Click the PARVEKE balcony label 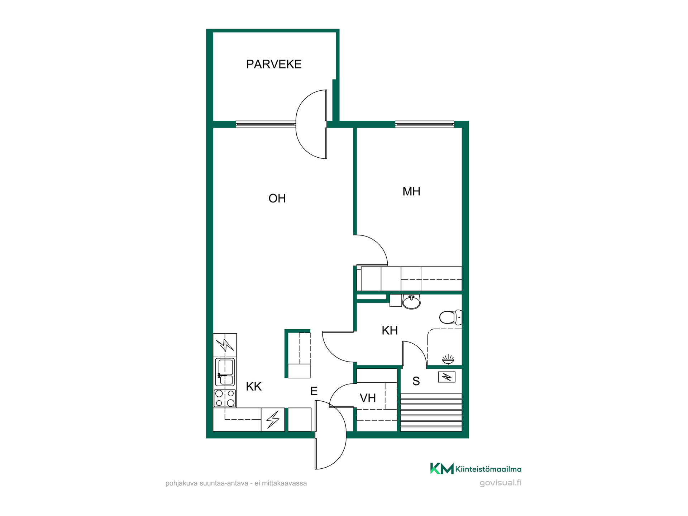[x=274, y=64]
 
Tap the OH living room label [x=277, y=199]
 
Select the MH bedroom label [x=411, y=191]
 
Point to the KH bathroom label [x=390, y=330]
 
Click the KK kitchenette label [x=254, y=387]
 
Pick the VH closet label [x=368, y=398]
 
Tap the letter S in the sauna [x=416, y=381]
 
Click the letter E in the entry [x=314, y=391]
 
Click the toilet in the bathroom [x=451, y=317]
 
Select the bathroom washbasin [x=411, y=302]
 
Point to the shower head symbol [x=448, y=359]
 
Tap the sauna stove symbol [x=447, y=377]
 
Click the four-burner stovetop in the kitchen [x=225, y=398]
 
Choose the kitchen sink [x=225, y=372]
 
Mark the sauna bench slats [x=431, y=412]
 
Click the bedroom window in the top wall [x=425, y=124]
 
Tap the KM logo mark [x=442, y=468]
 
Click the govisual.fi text [x=501, y=483]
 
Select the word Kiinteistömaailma [x=488, y=469]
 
